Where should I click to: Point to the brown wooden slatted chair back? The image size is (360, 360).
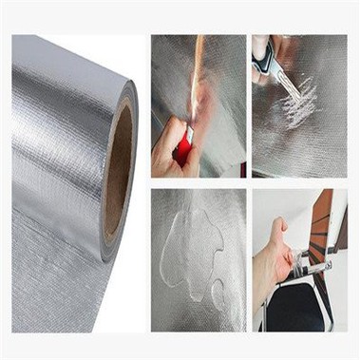(x=322, y=228)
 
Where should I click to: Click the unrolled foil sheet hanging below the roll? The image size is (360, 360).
(x=47, y=285)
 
